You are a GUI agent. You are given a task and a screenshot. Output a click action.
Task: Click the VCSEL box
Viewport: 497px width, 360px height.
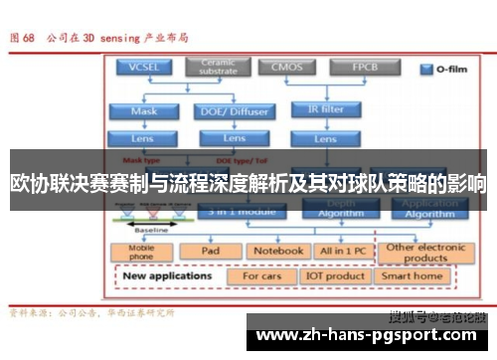click(143, 68)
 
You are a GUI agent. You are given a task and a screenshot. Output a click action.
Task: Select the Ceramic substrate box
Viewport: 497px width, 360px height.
click(219, 68)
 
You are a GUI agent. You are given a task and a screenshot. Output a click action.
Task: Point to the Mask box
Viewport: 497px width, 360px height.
click(143, 111)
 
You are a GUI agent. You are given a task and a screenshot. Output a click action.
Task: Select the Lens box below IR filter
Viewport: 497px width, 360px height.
click(324, 138)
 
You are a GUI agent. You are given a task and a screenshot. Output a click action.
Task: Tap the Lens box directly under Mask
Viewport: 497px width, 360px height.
click(143, 138)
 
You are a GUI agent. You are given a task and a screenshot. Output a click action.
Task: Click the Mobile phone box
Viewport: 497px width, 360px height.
click(143, 253)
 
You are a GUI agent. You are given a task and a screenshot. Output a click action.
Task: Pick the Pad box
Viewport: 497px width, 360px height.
click(210, 252)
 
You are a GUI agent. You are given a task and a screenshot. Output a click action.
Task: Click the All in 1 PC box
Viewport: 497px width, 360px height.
click(340, 252)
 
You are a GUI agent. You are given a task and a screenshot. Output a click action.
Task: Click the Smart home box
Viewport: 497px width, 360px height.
click(413, 275)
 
